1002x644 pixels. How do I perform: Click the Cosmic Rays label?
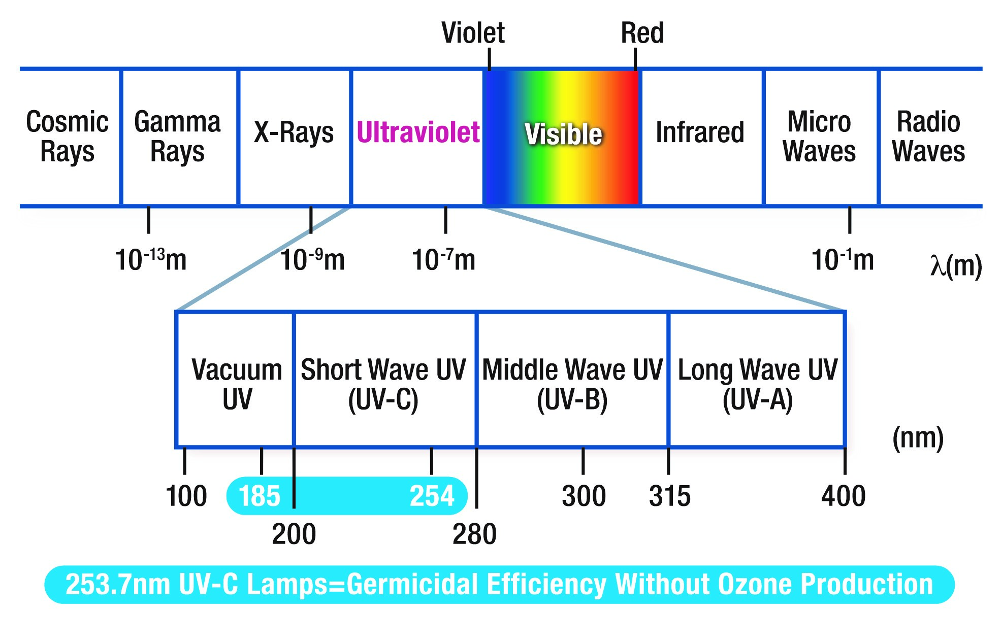pyautogui.click(x=67, y=136)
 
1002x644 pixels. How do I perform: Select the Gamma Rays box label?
pyautogui.click(x=177, y=136)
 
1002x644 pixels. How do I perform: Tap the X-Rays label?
pyautogui.click(x=294, y=132)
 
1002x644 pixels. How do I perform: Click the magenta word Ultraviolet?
pyautogui.click(x=418, y=132)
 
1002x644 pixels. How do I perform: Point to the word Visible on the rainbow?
pyautogui.click(x=563, y=134)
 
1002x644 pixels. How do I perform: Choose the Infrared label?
pyautogui.click(x=700, y=132)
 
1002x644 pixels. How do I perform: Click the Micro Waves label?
pyautogui.click(x=819, y=136)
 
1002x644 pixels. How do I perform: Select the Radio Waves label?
pyautogui.click(x=928, y=136)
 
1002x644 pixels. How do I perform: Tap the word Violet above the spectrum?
pyautogui.click(x=473, y=33)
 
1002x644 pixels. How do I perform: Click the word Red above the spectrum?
pyautogui.click(x=642, y=33)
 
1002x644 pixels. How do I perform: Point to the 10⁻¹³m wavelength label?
pyautogui.click(x=151, y=259)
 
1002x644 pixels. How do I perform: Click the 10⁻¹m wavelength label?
pyautogui.click(x=843, y=259)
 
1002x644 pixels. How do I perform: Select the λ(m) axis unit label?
pyautogui.click(x=956, y=265)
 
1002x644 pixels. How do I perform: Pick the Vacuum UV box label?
pyautogui.click(x=237, y=384)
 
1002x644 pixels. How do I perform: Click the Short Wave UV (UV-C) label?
pyautogui.click(x=383, y=384)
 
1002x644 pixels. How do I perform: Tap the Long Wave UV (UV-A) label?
pyautogui.click(x=757, y=384)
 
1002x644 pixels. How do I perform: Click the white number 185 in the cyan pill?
pyautogui.click(x=259, y=496)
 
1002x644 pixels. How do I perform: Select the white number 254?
pyautogui.click(x=432, y=496)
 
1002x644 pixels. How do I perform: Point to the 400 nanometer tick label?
pyautogui.click(x=843, y=496)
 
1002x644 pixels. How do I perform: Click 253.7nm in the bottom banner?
pyautogui.click(x=118, y=584)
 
